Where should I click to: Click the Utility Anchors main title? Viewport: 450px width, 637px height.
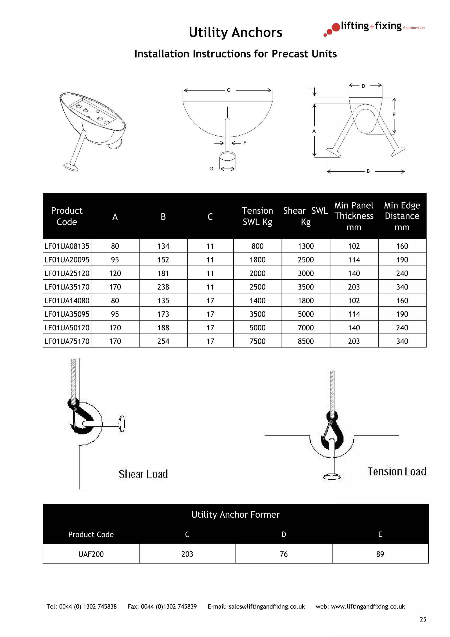(235, 33)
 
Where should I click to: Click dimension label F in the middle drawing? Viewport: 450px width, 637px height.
(245, 143)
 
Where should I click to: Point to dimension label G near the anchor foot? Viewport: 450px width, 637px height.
(211, 169)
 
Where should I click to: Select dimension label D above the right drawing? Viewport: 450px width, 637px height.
(363, 86)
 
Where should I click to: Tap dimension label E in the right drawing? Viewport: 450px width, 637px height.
(394, 115)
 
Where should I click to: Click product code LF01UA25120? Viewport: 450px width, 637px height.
(67, 273)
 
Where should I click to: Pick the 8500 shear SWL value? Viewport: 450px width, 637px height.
(306, 341)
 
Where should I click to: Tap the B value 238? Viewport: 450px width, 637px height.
(163, 287)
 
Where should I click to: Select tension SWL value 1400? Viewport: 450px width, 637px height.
(257, 300)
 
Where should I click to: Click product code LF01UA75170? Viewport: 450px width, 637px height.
(67, 341)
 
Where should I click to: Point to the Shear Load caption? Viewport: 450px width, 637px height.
(143, 474)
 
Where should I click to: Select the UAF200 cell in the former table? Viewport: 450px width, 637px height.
(91, 554)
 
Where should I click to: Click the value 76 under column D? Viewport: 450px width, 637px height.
(284, 554)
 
